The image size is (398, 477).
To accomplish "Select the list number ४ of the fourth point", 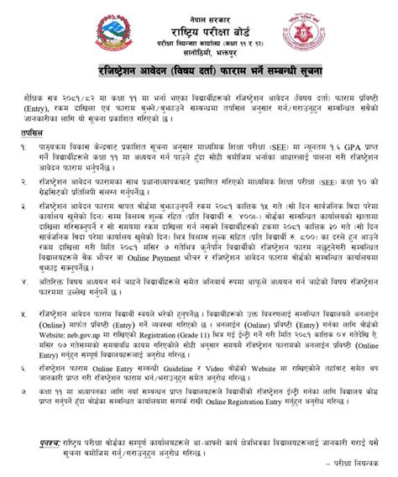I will pos(20,285).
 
